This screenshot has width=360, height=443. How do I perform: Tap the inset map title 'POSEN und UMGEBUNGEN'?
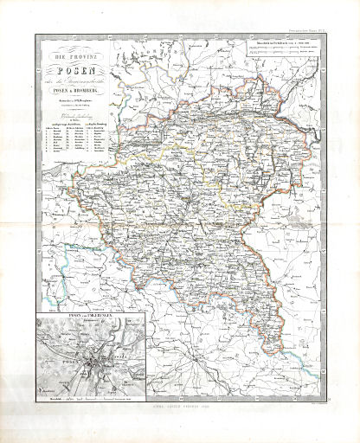(x=72, y=322)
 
